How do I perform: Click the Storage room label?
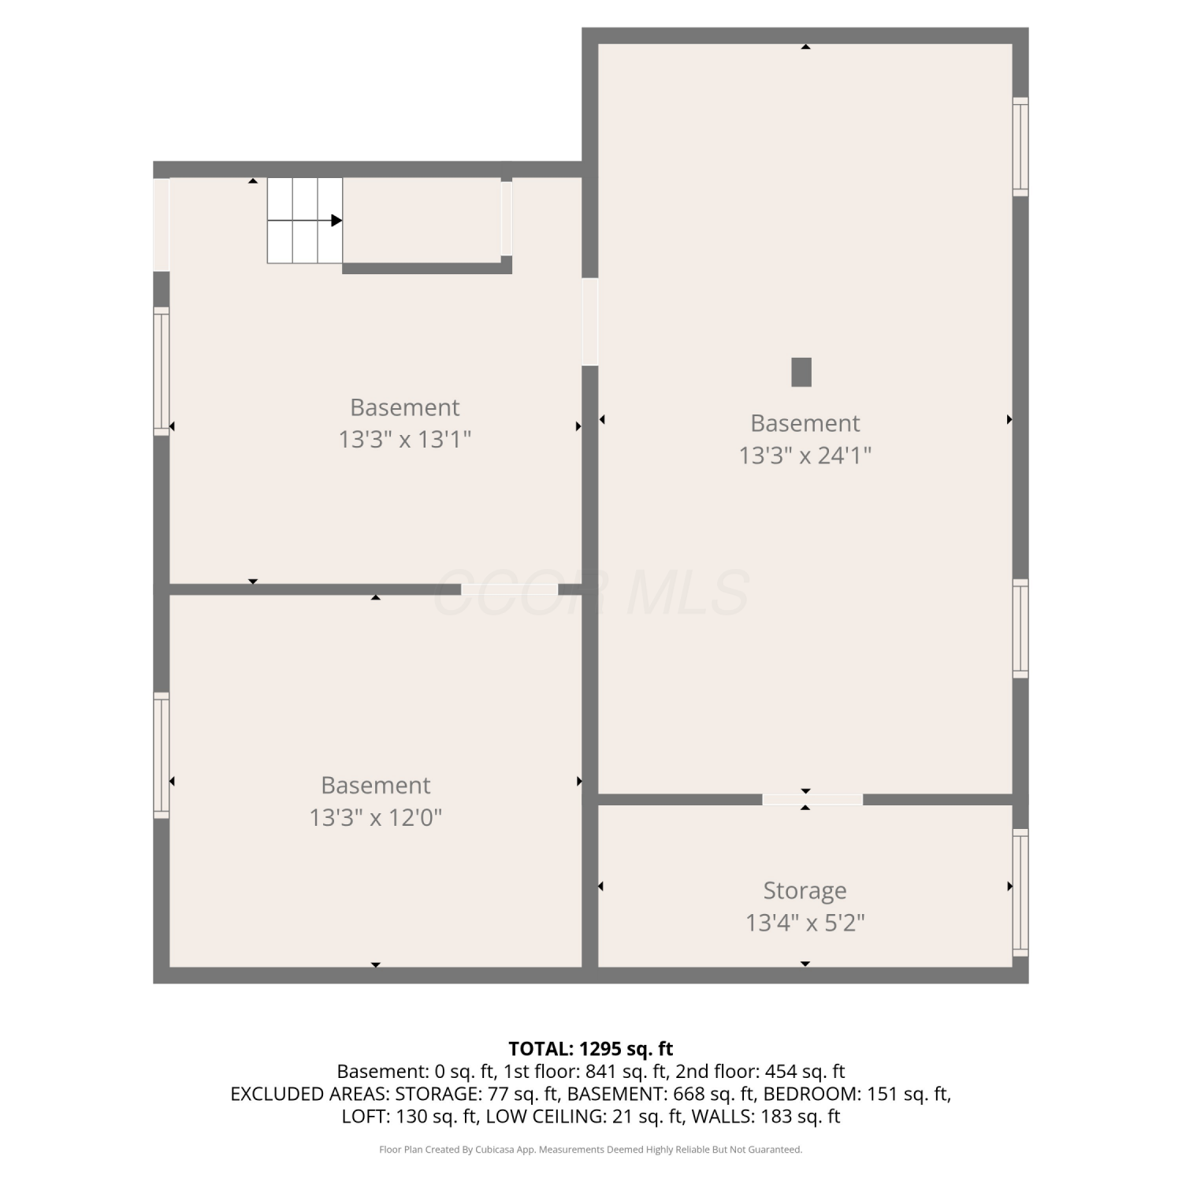(805, 890)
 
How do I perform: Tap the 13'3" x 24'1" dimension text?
(805, 455)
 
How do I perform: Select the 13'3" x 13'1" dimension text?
(405, 439)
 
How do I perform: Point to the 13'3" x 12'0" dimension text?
(376, 817)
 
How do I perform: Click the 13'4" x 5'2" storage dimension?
(805, 922)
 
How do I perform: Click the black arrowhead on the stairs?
(336, 221)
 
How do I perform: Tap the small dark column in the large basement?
(801, 372)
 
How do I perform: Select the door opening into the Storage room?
(812, 800)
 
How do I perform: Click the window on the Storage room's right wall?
(1020, 892)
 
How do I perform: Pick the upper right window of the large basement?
(1020, 147)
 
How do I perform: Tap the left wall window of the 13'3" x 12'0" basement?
(161, 755)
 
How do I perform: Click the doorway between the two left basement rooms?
(510, 589)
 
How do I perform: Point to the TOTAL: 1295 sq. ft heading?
(591, 1049)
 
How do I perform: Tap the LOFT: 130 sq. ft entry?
(410, 1117)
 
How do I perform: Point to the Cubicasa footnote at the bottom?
(591, 1150)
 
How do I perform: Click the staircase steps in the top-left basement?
(305, 221)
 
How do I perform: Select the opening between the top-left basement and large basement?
(589, 322)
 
